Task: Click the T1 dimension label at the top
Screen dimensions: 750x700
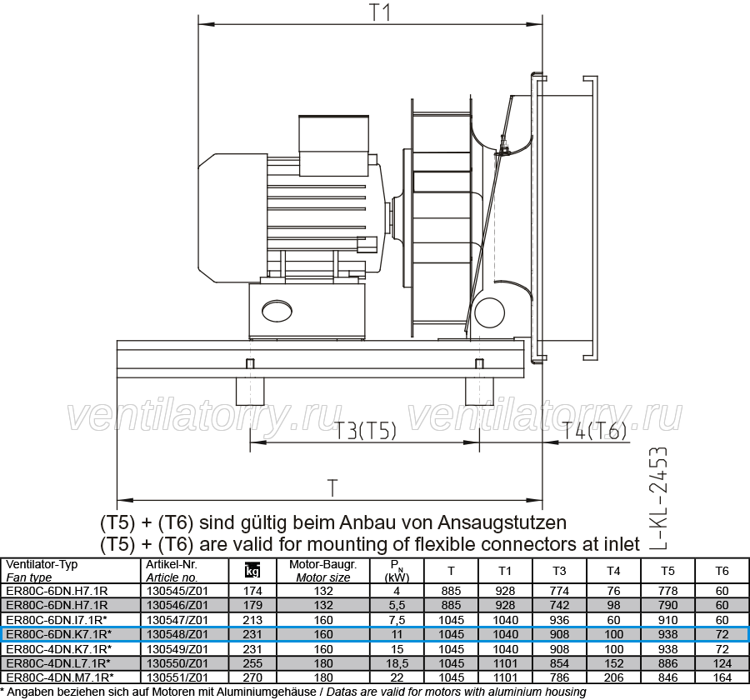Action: [x=380, y=12]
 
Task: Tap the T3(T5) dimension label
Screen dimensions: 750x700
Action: [x=365, y=431]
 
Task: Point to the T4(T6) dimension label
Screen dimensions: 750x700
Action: [x=593, y=431]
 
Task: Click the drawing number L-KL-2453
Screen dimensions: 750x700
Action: [x=657, y=498]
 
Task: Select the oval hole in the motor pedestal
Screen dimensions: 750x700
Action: [x=277, y=311]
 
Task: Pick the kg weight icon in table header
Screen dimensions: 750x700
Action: [x=252, y=570]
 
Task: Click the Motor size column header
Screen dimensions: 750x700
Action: [x=323, y=571]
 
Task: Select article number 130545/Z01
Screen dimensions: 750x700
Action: [x=177, y=591]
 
